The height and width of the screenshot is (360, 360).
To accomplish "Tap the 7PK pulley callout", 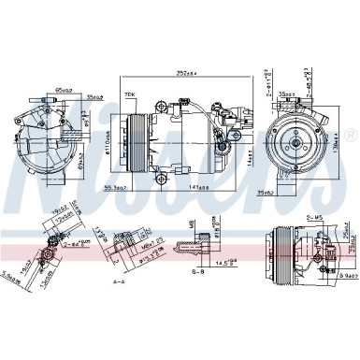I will [x=128, y=94].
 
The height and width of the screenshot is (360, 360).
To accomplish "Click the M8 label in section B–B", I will [x=189, y=224].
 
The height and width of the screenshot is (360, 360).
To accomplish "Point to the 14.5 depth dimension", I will [x=222, y=262].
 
